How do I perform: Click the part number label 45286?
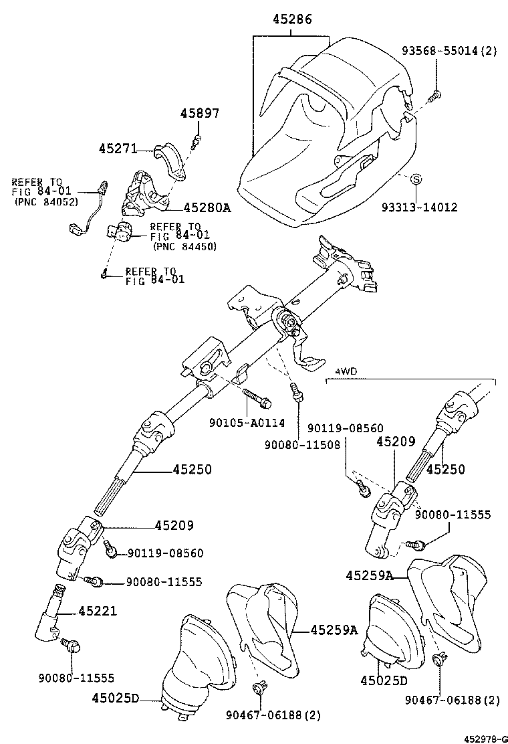pos(292,21)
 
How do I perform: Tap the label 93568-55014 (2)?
pos(449,50)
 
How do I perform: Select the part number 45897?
pos(199,114)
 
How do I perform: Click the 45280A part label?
pos(207,208)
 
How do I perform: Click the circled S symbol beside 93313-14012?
pos(415,179)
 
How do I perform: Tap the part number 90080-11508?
pos(302,444)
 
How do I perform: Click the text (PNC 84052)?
pos(45,201)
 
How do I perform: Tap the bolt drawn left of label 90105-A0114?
pos(256,397)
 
